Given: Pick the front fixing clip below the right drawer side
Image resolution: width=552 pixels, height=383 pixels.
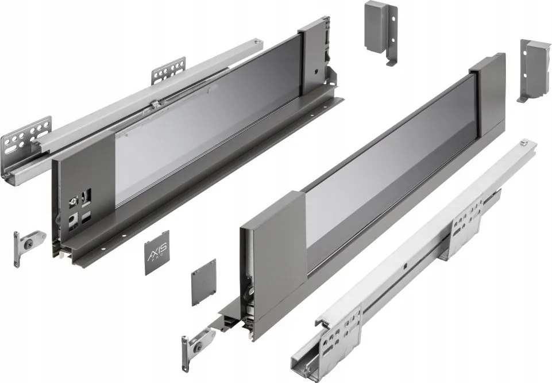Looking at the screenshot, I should (196, 346).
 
